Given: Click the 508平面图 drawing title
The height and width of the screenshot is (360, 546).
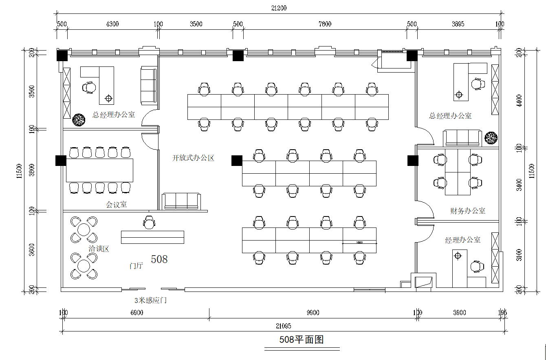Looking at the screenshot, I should click(x=302, y=339).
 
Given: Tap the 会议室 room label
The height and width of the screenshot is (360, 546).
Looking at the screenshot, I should click(x=117, y=205).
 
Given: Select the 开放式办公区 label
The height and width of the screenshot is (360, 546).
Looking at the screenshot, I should click(x=193, y=158).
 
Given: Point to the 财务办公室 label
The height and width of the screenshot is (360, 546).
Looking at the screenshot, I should click(x=468, y=211).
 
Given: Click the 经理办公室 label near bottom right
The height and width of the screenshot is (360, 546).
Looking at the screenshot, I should click(x=462, y=240).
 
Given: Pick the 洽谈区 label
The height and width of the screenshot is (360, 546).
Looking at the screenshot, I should click(x=99, y=249).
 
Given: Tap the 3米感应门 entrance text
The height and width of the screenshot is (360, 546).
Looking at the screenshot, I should click(x=151, y=301).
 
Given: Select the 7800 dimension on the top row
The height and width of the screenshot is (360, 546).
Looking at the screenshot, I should click(x=325, y=24).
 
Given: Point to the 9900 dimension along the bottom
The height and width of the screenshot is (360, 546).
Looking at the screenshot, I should click(x=313, y=313).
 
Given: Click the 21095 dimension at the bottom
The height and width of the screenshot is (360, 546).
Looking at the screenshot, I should click(x=283, y=326).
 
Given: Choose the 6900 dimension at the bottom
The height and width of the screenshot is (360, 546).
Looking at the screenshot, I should click(x=136, y=313).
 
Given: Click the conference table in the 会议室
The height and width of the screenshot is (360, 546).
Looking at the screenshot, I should click(x=100, y=170).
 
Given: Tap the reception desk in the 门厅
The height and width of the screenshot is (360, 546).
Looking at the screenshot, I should click(x=152, y=237).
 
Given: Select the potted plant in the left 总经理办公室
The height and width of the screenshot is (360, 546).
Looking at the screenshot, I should click(x=78, y=120).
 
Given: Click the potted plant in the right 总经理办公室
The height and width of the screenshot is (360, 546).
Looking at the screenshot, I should click(x=491, y=138).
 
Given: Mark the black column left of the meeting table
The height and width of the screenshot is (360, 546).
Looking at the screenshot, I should click(x=61, y=161).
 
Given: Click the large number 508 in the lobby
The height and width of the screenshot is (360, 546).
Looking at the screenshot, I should click(x=159, y=259).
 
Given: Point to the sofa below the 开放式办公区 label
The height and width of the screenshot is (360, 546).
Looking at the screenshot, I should click(x=181, y=201).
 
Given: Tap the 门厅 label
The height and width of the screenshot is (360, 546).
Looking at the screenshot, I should click(x=136, y=266).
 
